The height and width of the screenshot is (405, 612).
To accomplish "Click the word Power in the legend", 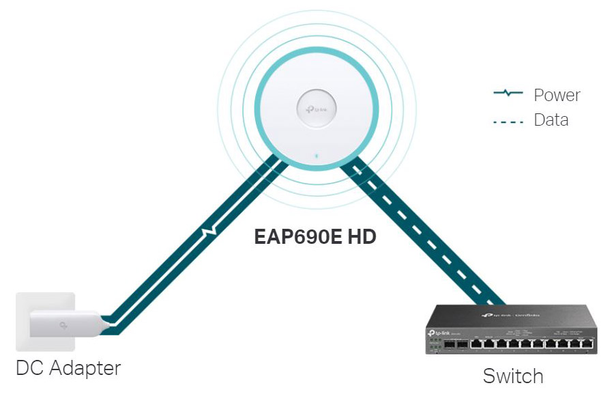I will (x=557, y=95).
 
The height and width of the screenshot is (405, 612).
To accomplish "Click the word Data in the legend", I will (x=551, y=120).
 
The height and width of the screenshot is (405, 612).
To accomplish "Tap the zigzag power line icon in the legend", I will (x=508, y=94).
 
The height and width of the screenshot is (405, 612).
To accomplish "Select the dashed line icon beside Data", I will (x=508, y=122).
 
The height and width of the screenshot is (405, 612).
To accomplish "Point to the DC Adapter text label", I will (x=68, y=368).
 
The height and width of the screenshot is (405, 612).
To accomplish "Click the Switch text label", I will (x=513, y=376).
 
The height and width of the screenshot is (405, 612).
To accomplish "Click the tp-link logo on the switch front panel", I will (x=437, y=333).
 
